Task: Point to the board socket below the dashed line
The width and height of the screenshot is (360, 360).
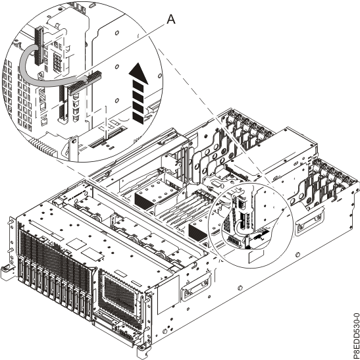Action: (x=105, y=136)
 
